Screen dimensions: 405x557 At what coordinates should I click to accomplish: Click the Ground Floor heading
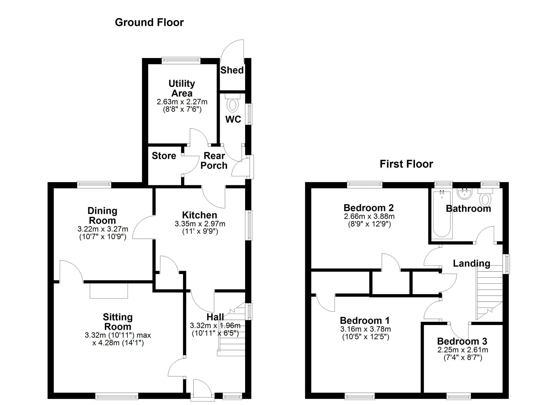[x=149, y=23]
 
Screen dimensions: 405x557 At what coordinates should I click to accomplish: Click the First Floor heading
[x=406, y=164]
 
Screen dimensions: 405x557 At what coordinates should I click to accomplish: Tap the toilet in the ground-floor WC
[x=233, y=103]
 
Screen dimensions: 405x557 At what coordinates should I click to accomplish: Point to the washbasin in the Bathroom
[x=464, y=194]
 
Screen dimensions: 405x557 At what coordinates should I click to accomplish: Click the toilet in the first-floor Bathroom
[x=485, y=197]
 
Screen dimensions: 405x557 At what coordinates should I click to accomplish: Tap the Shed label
[x=232, y=70]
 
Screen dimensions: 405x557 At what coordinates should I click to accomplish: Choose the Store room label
[x=164, y=156]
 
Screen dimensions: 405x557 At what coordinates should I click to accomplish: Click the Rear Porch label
[x=214, y=161]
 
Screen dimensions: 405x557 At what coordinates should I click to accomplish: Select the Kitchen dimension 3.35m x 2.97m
[x=200, y=224]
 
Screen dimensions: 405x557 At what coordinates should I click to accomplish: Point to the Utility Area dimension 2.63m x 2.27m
[x=182, y=102]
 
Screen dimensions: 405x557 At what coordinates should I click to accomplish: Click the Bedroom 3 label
[x=462, y=341]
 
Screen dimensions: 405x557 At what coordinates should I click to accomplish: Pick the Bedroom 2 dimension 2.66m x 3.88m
[x=369, y=216]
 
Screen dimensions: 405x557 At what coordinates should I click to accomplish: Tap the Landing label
[x=472, y=264]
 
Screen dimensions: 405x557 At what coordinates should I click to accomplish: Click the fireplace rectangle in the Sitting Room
[x=109, y=291]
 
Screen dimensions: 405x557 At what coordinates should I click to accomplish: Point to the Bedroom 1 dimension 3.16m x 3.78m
[x=365, y=329]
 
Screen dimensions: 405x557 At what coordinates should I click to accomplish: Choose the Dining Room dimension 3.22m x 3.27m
[x=103, y=229]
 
